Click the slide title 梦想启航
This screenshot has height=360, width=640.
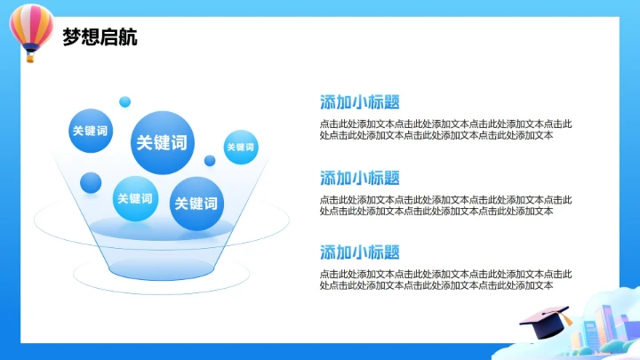[100, 38]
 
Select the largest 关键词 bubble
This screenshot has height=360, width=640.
[163, 142]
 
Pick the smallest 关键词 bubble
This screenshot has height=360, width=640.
[240, 148]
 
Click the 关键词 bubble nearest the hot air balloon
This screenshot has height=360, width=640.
[90, 132]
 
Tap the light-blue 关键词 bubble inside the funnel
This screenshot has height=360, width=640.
[135, 199]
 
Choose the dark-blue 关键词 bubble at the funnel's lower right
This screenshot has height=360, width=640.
[196, 204]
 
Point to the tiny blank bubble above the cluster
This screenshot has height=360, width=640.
[125, 101]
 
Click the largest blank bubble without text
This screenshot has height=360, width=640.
[91, 183]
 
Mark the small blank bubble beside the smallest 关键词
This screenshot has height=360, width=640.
[210, 161]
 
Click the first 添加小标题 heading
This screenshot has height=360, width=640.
[360, 102]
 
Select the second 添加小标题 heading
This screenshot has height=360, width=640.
[360, 178]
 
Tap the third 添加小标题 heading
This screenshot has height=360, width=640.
[360, 252]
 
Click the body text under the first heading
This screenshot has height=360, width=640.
[446, 130]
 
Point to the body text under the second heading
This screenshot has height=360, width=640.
[446, 205]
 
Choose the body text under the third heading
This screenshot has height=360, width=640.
[446, 280]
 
